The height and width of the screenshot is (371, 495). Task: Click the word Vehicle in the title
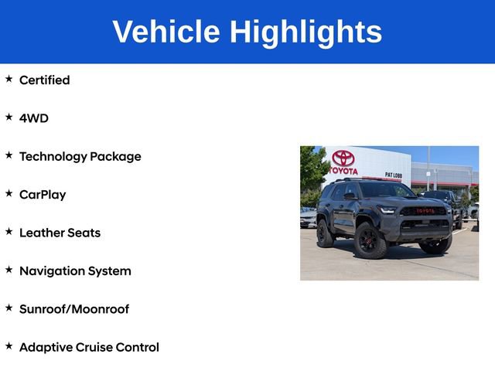pyautogui.click(x=166, y=32)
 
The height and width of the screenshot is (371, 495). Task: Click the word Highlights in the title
pyautogui.click(x=306, y=32)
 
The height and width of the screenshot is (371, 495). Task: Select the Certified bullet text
pyautogui.click(x=44, y=80)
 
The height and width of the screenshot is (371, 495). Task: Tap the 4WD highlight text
pyautogui.click(x=33, y=118)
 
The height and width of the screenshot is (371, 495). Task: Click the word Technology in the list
pyautogui.click(x=53, y=157)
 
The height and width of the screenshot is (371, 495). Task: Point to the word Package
pyautogui.click(x=115, y=157)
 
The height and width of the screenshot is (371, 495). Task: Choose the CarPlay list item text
pyautogui.click(x=43, y=195)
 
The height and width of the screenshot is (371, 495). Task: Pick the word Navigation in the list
pyautogui.click(x=52, y=271)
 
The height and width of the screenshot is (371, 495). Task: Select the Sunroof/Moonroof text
pyautogui.click(x=74, y=309)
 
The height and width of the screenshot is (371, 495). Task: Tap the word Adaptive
pyautogui.click(x=45, y=348)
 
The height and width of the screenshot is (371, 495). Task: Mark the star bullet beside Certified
pyautogui.click(x=9, y=79)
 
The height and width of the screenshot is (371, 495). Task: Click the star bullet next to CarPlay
pyautogui.click(x=9, y=193)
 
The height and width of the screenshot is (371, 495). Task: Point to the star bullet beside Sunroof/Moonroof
pyautogui.click(x=9, y=308)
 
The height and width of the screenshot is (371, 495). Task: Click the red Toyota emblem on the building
pyautogui.click(x=343, y=158)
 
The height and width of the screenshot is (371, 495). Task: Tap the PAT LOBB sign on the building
pyautogui.click(x=393, y=175)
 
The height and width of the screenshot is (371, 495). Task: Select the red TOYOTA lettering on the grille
pyautogui.click(x=425, y=210)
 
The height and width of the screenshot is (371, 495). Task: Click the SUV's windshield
pyautogui.click(x=386, y=190)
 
